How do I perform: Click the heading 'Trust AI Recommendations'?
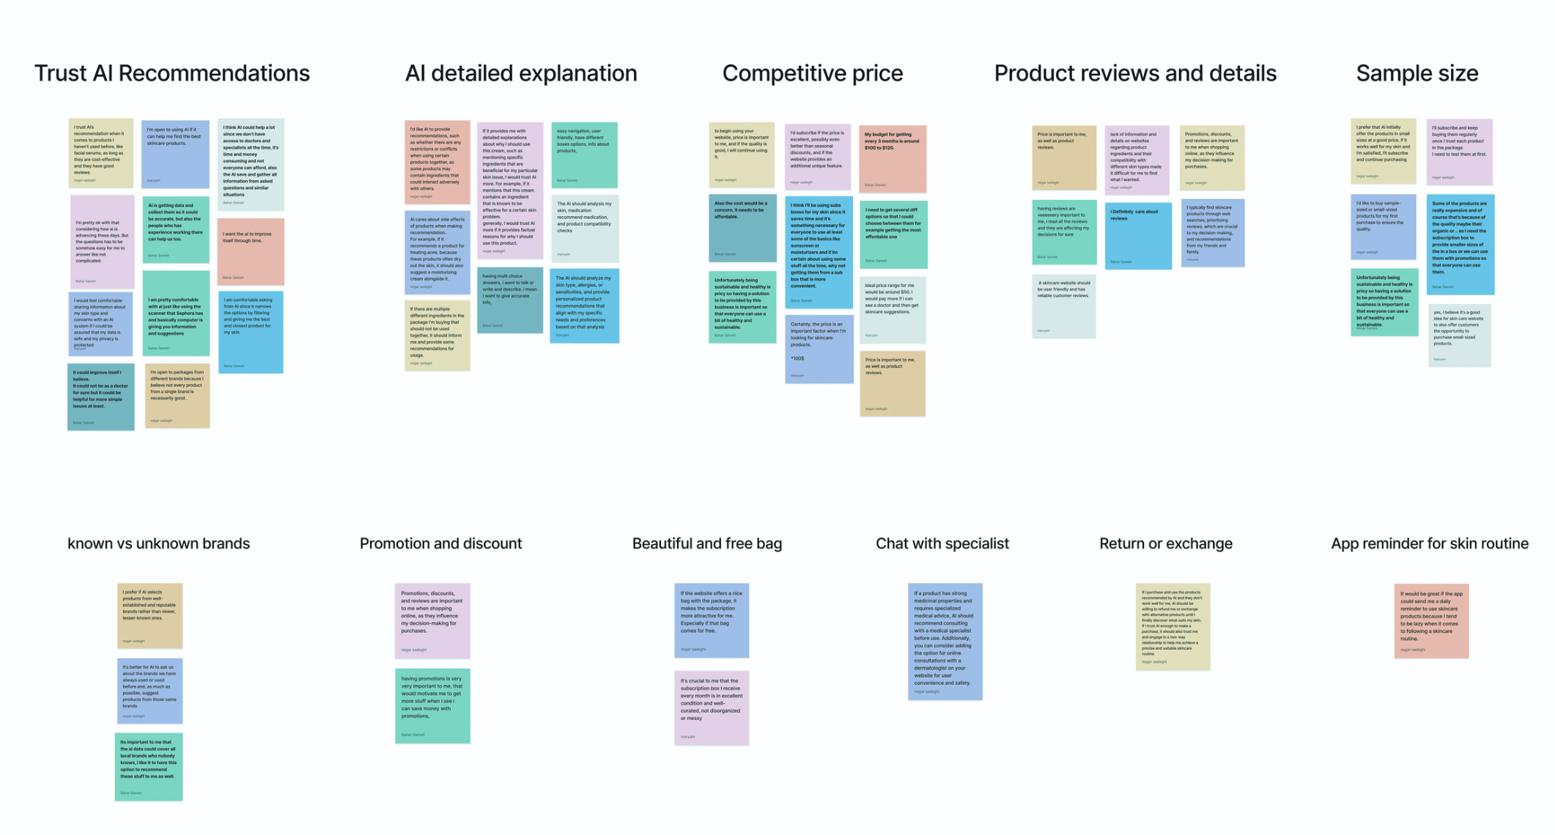pyautogui.click(x=172, y=73)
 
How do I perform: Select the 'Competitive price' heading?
pyautogui.click(x=812, y=73)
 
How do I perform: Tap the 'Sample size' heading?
pyautogui.click(x=1417, y=73)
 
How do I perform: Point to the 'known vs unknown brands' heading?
pyautogui.click(x=158, y=543)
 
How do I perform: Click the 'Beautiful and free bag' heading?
pyautogui.click(x=706, y=543)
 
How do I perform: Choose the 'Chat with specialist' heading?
pyautogui.click(x=942, y=543)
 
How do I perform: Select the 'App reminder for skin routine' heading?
pyautogui.click(x=1429, y=543)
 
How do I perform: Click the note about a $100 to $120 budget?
pyautogui.click(x=892, y=158)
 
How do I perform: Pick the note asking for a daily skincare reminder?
pyautogui.click(x=1430, y=620)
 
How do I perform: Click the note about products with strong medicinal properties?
pyautogui.click(x=945, y=641)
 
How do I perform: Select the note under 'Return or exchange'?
pyautogui.click(x=1172, y=626)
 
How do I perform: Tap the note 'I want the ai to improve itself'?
pyautogui.click(x=251, y=251)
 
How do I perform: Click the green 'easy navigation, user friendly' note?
pyautogui.click(x=584, y=155)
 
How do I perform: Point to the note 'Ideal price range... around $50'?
pyautogui.click(x=892, y=309)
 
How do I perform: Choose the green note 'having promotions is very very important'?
pyautogui.click(x=432, y=705)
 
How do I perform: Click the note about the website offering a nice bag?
pyautogui.click(x=711, y=620)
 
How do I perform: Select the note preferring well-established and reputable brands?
pyautogui.click(x=149, y=615)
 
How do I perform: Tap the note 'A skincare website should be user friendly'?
pyautogui.click(x=1063, y=306)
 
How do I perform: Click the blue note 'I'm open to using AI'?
pyautogui.click(x=174, y=154)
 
